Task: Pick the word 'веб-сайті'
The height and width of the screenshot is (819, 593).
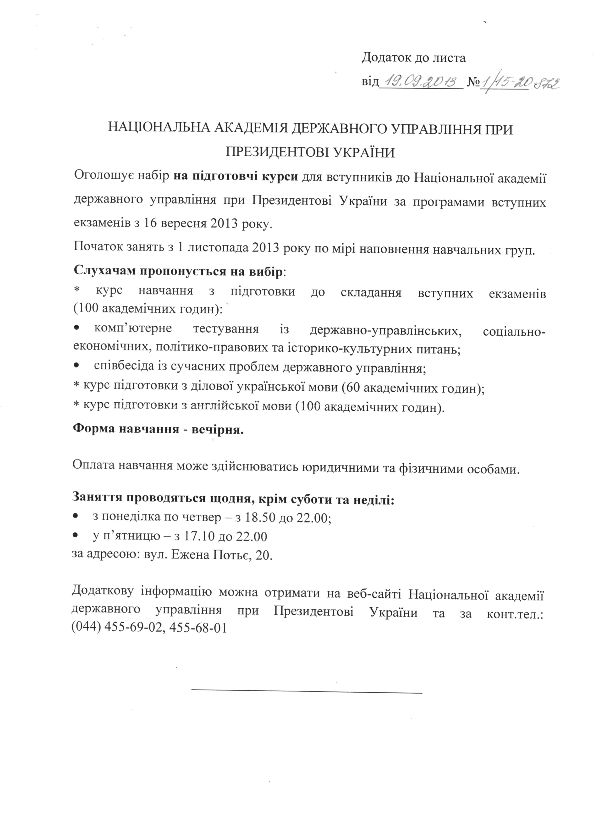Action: pos(374,594)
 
